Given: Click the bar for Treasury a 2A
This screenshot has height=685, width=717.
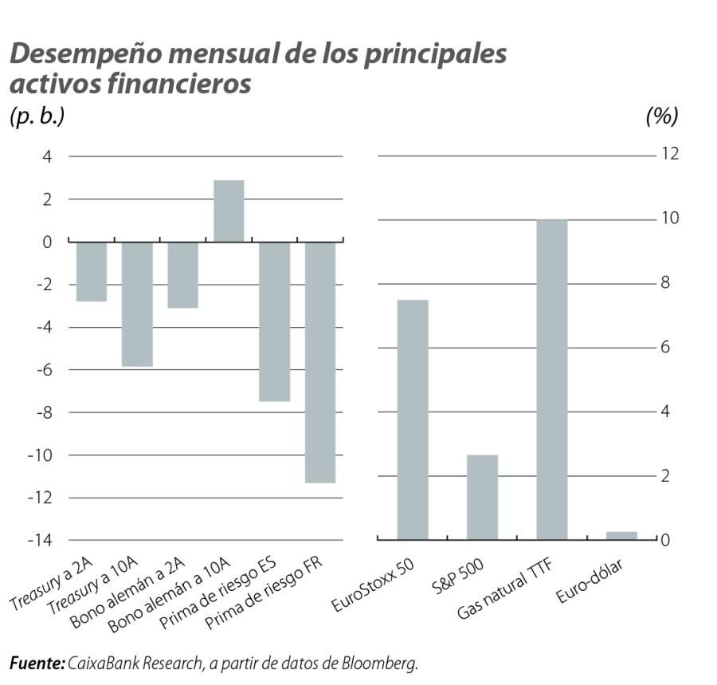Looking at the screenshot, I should [x=92, y=271].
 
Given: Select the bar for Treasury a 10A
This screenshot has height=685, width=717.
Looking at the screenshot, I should [x=137, y=304].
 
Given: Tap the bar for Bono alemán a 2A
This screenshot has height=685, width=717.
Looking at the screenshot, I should [x=182, y=274].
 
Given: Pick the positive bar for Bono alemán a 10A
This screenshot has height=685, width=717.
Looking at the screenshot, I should [x=229, y=211].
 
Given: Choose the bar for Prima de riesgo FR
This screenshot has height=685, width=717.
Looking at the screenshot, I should [x=320, y=362].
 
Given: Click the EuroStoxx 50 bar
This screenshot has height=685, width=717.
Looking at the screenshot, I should [x=413, y=419].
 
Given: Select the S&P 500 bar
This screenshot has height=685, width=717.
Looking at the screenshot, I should [x=482, y=497].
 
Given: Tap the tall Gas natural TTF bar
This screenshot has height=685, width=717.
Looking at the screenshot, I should [x=551, y=380].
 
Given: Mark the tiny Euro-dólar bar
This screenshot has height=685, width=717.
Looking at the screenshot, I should [x=621, y=536].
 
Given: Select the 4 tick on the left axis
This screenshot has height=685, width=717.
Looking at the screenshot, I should [x=47, y=157].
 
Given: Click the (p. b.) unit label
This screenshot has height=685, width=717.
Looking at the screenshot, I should [x=37, y=116].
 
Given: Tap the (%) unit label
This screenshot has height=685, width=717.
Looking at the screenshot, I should [x=661, y=116].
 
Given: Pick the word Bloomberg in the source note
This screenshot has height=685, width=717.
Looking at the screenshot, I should [x=380, y=663].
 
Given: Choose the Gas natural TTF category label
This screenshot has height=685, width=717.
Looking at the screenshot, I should [x=506, y=590].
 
